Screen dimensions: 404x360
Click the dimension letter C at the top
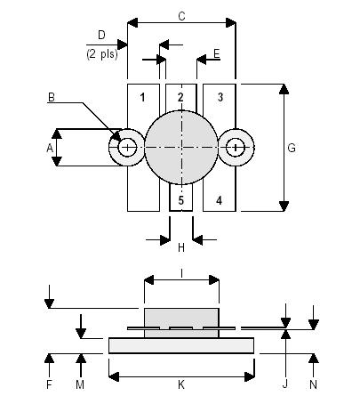click(x=181, y=15)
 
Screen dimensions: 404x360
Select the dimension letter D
click(x=100, y=35)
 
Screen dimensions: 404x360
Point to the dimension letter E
click(x=216, y=55)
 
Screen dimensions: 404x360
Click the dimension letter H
click(x=180, y=247)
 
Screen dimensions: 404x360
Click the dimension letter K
click(x=181, y=384)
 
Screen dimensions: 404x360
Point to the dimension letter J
click(x=285, y=384)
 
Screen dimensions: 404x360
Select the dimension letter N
click(x=314, y=384)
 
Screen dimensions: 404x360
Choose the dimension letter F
click(x=50, y=384)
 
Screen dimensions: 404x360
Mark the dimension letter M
click(x=81, y=384)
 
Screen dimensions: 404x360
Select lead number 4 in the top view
click(x=220, y=200)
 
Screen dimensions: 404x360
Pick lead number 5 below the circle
click(x=180, y=200)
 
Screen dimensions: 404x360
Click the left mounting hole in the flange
click(x=127, y=148)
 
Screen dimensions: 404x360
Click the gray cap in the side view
click(x=181, y=316)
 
